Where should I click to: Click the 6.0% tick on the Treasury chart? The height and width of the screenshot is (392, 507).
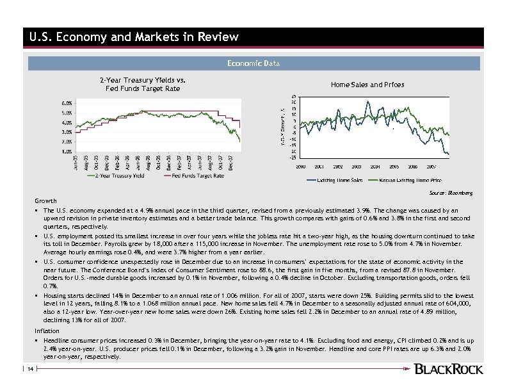pos(67,102)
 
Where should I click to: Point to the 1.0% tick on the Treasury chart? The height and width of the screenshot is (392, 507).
pos(67,152)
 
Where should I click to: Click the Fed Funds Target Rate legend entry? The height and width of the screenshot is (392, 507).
pos(198,176)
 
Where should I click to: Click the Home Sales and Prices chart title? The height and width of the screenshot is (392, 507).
pos(367,85)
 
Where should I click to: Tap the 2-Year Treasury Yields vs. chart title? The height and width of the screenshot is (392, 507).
pos(142,80)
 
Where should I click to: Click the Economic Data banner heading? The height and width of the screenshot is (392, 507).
pos(253,63)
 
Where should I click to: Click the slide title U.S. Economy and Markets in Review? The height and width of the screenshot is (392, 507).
pos(134,37)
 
